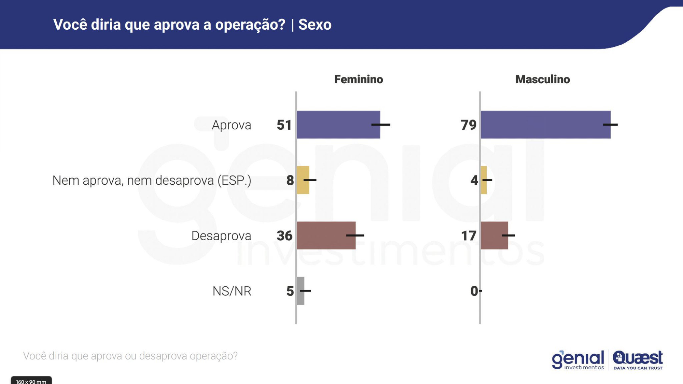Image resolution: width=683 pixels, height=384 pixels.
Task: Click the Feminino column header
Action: coord(358,79)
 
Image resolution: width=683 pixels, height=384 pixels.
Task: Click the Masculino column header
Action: coord(542,79)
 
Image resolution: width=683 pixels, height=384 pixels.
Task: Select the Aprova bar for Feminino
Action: coord(338,125)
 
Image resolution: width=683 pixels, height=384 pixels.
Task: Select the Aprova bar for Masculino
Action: coord(545,125)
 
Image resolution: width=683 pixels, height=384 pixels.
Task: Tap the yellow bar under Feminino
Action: coord(303,180)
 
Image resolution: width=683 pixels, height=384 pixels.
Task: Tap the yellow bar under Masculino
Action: coord(484,180)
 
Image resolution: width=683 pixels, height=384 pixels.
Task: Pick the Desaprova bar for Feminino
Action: coord(326,235)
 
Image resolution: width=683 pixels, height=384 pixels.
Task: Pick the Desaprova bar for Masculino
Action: coord(494,235)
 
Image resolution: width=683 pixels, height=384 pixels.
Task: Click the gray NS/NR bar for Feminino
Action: coord(301,291)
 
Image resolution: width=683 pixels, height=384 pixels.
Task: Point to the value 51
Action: coord(284,125)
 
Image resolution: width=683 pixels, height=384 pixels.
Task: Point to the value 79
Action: coord(469,125)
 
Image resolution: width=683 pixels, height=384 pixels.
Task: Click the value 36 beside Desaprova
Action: coord(284,236)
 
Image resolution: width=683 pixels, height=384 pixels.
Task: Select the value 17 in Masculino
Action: coord(469,236)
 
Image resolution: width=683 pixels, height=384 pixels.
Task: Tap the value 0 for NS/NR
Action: coord(474,291)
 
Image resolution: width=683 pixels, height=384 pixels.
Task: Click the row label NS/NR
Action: coord(232,291)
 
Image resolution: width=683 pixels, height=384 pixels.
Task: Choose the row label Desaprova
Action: coord(221,236)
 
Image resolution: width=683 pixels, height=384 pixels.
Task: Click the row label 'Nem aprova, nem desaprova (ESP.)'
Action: coord(152,180)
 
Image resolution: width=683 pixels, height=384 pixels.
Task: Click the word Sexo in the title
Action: coord(315,25)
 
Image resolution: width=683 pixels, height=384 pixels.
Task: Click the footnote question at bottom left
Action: coord(130,356)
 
